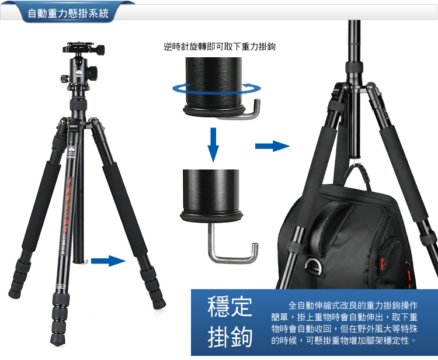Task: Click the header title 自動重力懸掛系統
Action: [x=68, y=13]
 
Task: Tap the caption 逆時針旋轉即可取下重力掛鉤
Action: [x=220, y=46]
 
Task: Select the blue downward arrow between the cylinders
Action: [x=213, y=145]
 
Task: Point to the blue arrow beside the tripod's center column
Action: [x=109, y=261]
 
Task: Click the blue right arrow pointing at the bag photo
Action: [x=272, y=146]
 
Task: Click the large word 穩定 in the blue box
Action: [x=230, y=307]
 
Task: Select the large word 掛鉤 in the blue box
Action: [x=230, y=337]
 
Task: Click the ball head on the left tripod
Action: [x=79, y=69]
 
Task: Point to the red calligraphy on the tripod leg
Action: [x=67, y=205]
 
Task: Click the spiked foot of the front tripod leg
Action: [x=58, y=339]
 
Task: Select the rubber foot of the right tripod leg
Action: [x=159, y=303]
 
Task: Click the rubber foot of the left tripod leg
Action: [x=15, y=293]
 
